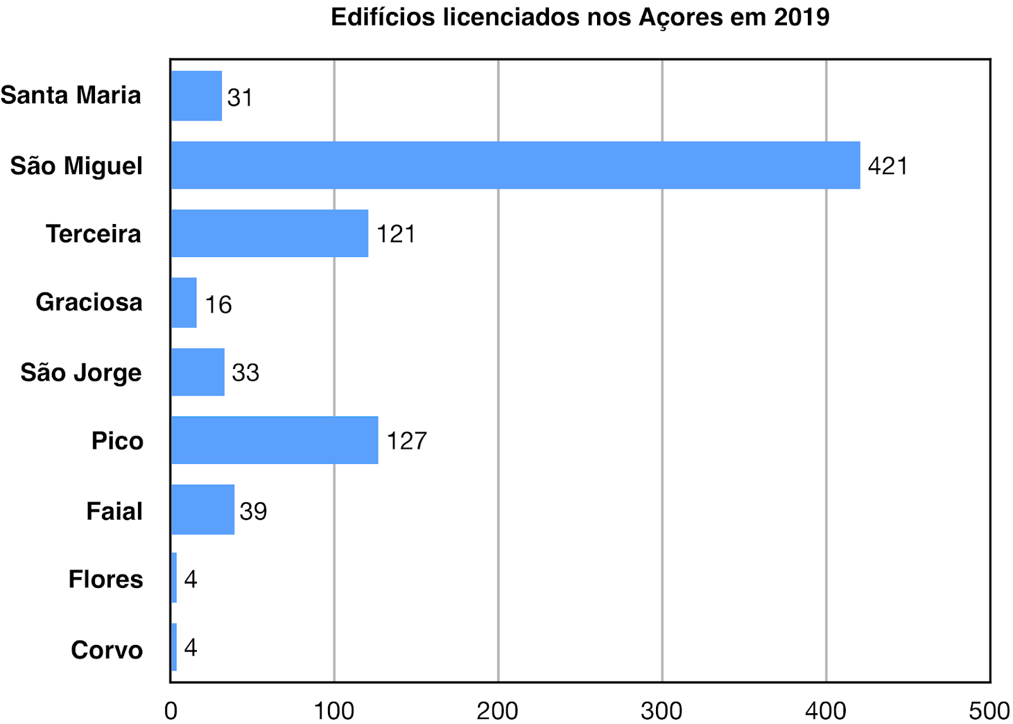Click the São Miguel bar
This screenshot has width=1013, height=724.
(x=515, y=165)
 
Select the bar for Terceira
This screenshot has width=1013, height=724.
(x=270, y=233)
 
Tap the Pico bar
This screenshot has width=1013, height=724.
(x=275, y=440)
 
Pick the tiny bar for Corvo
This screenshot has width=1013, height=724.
(x=174, y=647)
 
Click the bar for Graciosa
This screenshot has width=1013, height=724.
(x=184, y=303)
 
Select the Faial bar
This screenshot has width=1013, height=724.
(x=203, y=509)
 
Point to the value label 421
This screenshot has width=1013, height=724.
(x=888, y=166)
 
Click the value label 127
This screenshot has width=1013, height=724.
(x=406, y=441)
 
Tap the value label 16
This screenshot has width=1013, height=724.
(x=218, y=305)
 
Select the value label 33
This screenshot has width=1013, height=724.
(x=246, y=373)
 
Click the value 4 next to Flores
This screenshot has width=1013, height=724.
(x=191, y=579)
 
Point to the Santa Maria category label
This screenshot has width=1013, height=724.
(x=71, y=96)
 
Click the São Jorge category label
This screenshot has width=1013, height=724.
(x=81, y=373)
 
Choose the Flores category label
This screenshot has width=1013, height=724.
(x=106, y=579)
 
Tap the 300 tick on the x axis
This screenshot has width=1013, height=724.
(x=662, y=711)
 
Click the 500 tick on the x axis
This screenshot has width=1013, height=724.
(x=989, y=711)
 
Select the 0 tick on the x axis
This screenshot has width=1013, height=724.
(x=171, y=711)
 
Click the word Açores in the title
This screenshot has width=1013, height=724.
(x=681, y=18)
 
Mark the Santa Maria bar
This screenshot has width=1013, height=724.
(x=196, y=96)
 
